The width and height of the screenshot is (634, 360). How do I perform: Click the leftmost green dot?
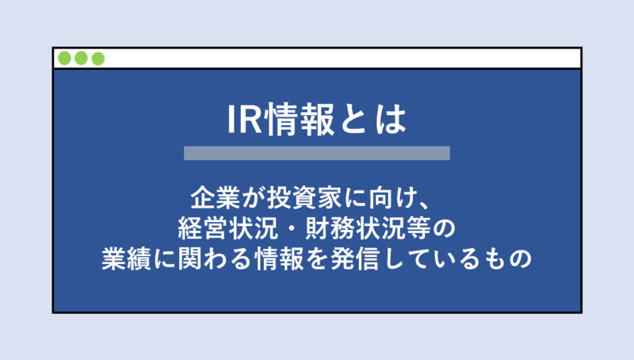point(65,59)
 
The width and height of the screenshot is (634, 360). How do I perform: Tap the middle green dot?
point(82,59)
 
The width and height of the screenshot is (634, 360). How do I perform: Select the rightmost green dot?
point(97,59)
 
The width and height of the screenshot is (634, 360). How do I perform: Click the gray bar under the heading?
point(316,153)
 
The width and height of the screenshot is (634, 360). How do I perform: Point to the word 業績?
point(122,259)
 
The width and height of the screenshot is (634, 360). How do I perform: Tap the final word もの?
point(509,259)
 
